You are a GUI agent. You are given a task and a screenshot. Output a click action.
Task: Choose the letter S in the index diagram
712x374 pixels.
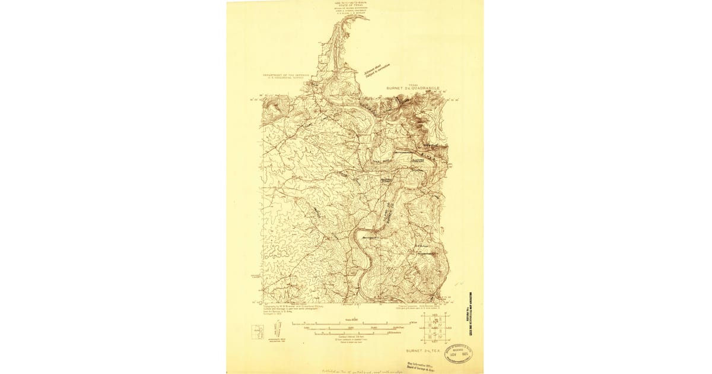pos(437,334)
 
